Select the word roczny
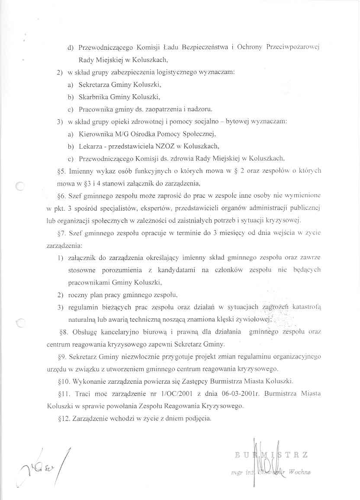pyautogui.click(x=79, y=295)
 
